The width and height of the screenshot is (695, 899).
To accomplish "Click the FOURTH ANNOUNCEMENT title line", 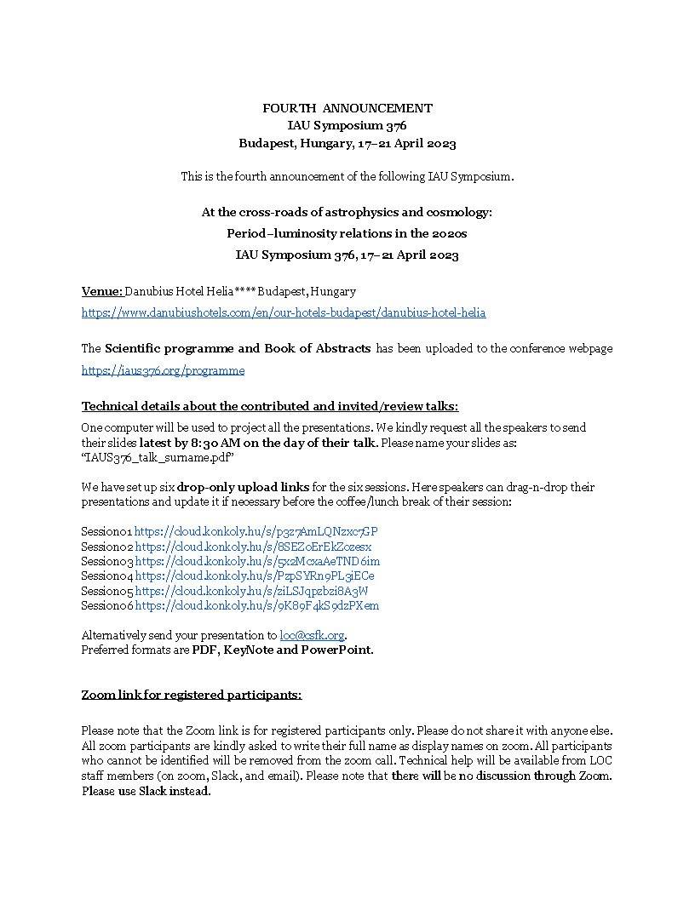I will pyautogui.click(x=347, y=108).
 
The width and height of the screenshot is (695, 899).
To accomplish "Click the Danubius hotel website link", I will pyautogui.click(x=284, y=312).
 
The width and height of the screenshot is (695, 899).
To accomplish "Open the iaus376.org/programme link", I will pyautogui.click(x=163, y=370).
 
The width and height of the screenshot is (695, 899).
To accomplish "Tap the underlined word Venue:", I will pyautogui.click(x=102, y=291).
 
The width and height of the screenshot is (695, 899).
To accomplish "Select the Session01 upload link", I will pyautogui.click(x=256, y=532).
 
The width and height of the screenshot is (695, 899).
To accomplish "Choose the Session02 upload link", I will pyautogui.click(x=253, y=547).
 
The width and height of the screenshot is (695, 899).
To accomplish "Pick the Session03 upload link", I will pyautogui.click(x=257, y=561).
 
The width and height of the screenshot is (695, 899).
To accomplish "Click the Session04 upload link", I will pyautogui.click(x=254, y=576).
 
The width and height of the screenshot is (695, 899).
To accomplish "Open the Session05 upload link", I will pyautogui.click(x=251, y=591).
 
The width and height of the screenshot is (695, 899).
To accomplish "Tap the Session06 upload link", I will pyautogui.click(x=256, y=606).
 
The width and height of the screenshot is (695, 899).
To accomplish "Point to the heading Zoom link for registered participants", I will pyautogui.click(x=191, y=695).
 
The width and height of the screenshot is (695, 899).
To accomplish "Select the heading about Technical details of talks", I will pyautogui.click(x=269, y=406).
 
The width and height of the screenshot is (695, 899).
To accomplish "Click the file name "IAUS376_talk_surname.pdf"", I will pyautogui.click(x=158, y=458).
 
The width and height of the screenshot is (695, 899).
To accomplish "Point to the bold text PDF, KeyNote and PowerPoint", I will pyautogui.click(x=282, y=650).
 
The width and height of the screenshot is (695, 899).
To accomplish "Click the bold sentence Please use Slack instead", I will pyautogui.click(x=146, y=791).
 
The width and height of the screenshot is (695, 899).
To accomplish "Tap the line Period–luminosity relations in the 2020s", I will pyautogui.click(x=347, y=233).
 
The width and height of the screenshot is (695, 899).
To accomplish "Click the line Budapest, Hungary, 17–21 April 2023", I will pyautogui.click(x=347, y=143).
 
